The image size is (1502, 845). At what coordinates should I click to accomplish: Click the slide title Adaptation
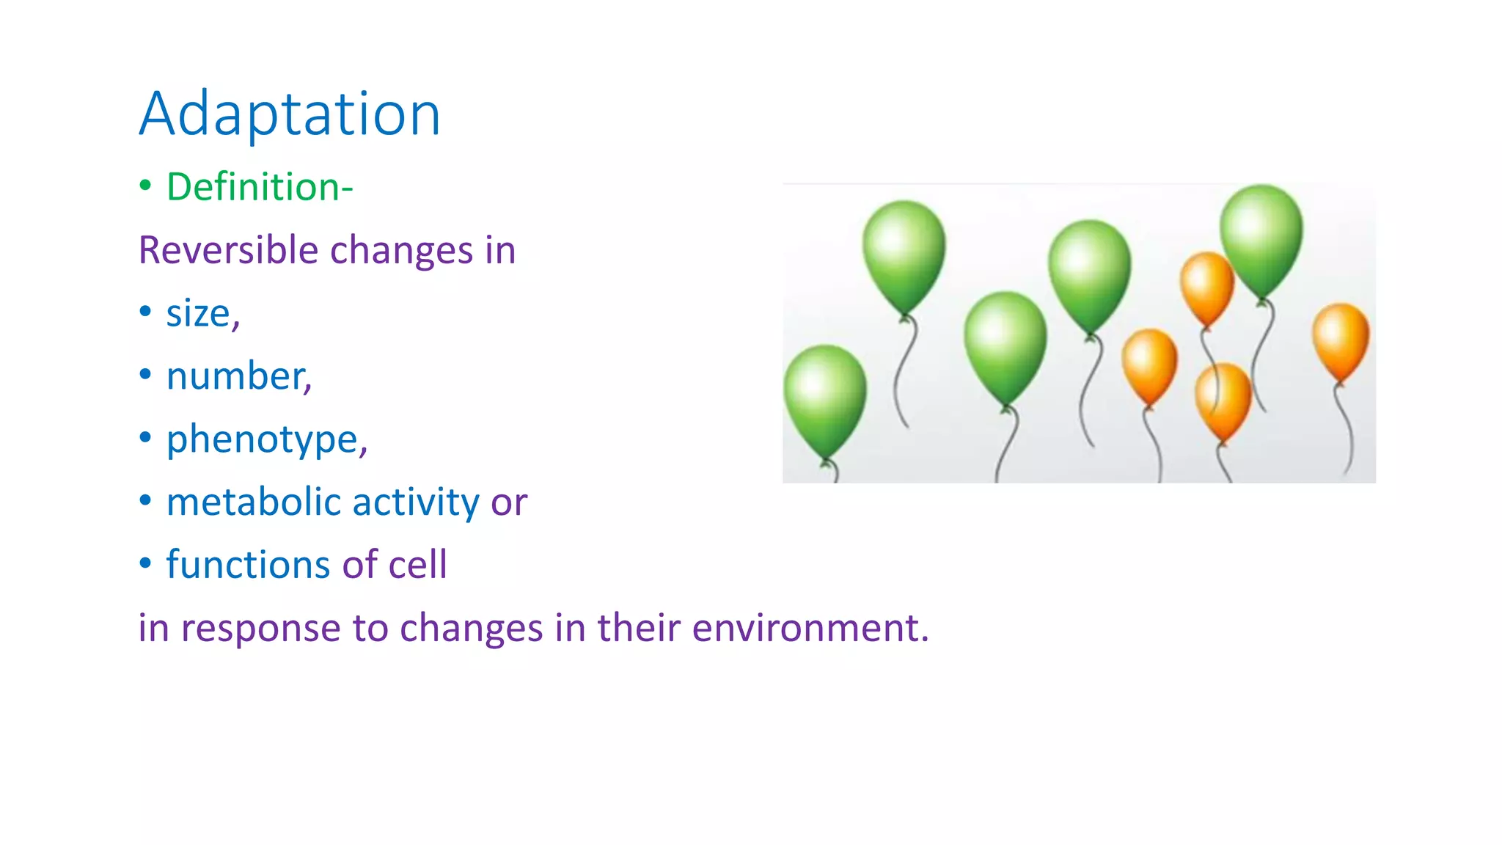tap(290, 114)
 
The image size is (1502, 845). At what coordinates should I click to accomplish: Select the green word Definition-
tap(260, 187)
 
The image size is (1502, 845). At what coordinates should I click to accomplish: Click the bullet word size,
tap(202, 314)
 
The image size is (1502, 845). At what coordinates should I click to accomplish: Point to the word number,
tap(239, 376)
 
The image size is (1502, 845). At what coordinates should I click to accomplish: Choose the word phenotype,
tap(266, 440)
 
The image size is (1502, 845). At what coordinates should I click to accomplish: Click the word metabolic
tap(253, 502)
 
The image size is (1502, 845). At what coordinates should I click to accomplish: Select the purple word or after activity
tap(509, 504)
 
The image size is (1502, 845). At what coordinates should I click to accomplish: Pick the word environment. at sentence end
tap(810, 629)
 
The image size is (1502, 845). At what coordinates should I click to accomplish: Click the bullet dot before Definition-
tap(145, 186)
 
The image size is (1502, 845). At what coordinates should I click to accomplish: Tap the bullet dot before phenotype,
tap(145, 438)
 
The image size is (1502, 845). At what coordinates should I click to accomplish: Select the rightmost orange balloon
tap(1340, 341)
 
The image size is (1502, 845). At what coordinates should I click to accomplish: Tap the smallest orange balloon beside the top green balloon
tap(1206, 287)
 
